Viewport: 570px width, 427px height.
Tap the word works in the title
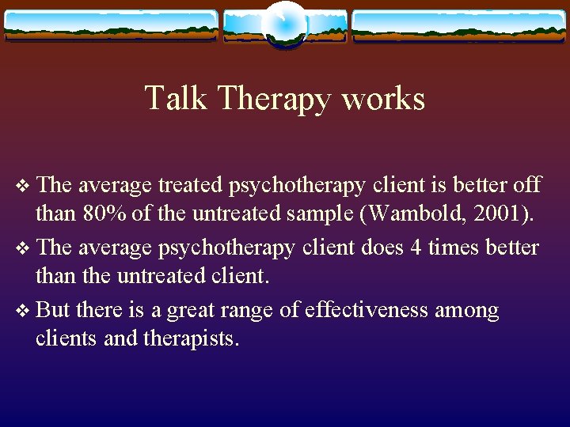pos(391,99)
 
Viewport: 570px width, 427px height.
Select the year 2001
pos(489,213)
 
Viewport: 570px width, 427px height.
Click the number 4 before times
pos(416,248)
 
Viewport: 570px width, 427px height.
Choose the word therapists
pos(190,339)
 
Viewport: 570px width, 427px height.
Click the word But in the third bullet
pos(54,310)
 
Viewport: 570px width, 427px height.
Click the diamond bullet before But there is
pos(21,311)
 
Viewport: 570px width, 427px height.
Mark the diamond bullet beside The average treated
pos(21,186)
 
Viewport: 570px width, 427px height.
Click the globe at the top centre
pos(285,24)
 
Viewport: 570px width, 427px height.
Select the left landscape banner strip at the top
pos(111,25)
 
